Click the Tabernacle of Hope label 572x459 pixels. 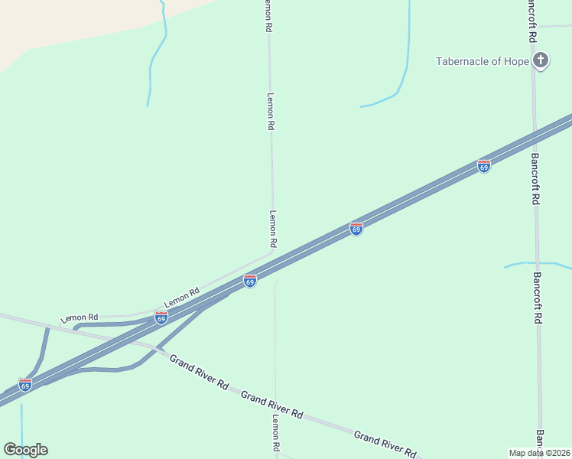pos(483,61)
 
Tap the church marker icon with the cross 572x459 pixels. pos(541,60)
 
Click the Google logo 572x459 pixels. pos(25,450)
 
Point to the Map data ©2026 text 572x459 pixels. pos(539,453)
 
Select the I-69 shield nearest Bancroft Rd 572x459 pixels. pos(484,166)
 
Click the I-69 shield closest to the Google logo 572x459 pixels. pos(25,385)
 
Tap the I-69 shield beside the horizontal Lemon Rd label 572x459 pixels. pos(161,317)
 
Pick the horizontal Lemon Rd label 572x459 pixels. pos(80,317)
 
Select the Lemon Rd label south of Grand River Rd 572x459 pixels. pos(276,434)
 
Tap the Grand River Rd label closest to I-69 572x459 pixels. pos(199,372)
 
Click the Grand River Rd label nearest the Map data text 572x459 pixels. pos(384,443)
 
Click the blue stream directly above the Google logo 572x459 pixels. pos(21,417)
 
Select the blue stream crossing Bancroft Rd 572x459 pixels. pos(537,264)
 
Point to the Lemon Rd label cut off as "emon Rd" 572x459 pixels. pos(268,15)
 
